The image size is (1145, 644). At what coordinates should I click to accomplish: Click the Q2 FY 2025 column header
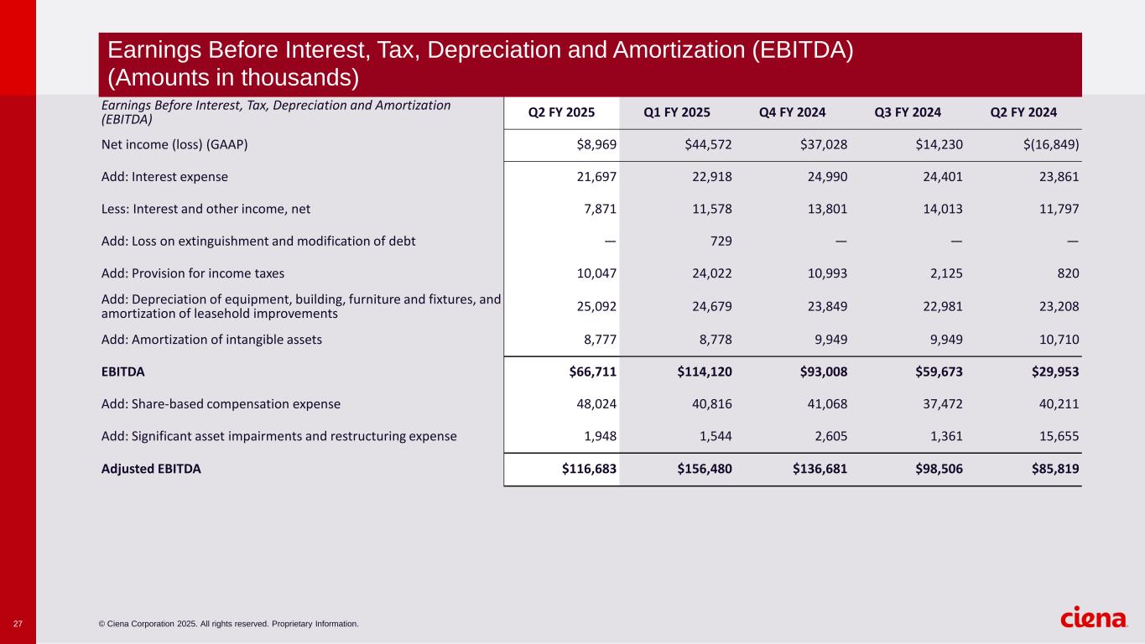click(x=561, y=112)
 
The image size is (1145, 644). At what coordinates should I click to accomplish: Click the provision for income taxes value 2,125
click(x=945, y=273)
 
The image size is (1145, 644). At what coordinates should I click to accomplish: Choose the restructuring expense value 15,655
click(x=1059, y=436)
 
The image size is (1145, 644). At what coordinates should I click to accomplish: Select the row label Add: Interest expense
click(x=164, y=177)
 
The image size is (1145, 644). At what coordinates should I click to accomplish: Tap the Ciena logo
click(x=1095, y=618)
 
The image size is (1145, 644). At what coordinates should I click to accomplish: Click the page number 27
click(x=18, y=624)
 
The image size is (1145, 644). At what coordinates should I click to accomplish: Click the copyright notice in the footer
click(x=228, y=624)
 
